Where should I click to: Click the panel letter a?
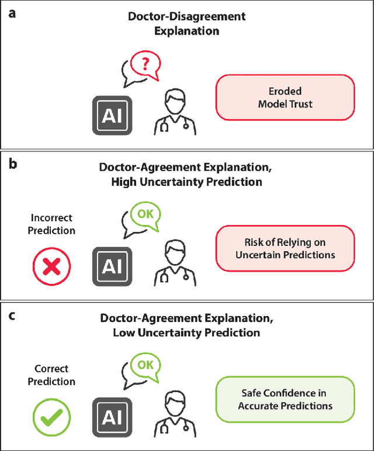[12, 13]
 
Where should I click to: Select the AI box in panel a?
[112, 116]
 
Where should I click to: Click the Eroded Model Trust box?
[285, 98]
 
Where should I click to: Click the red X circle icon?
[52, 267]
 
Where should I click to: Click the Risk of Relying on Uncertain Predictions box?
[285, 248]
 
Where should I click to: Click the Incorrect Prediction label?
[52, 224]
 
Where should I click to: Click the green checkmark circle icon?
[51, 418]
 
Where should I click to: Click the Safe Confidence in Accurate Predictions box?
[285, 399]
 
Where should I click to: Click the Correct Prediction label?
[51, 375]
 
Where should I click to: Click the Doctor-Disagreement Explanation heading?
[186, 23]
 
